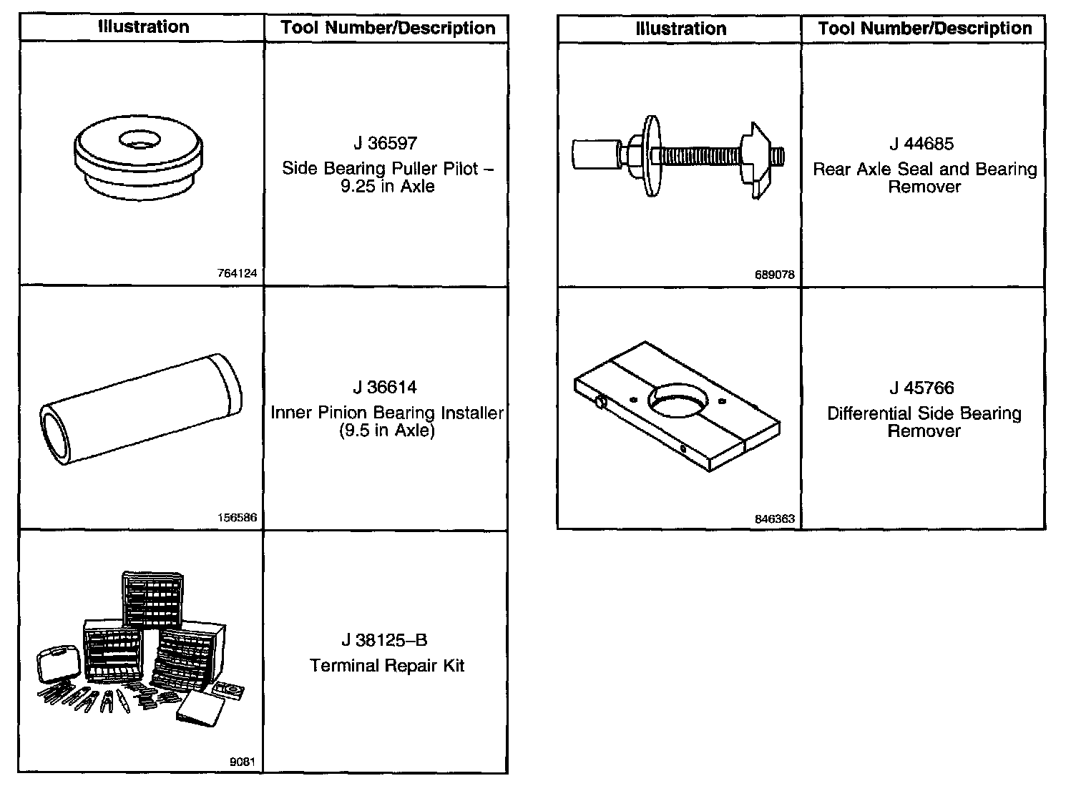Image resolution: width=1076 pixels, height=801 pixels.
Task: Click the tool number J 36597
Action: click(384, 143)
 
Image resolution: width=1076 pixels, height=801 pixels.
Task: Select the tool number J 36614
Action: click(384, 388)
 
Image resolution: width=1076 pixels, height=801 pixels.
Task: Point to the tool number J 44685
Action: click(921, 144)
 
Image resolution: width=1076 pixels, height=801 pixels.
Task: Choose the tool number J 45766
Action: click(921, 388)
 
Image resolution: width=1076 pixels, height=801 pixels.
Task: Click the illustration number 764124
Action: click(238, 273)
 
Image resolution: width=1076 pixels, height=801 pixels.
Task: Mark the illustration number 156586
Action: click(238, 518)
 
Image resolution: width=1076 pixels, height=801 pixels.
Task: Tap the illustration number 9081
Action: click(242, 762)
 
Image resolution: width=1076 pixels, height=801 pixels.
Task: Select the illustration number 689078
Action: click(774, 275)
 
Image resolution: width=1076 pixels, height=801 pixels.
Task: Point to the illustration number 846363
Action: click(774, 519)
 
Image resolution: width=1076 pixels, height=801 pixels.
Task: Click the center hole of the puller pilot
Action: click(140, 139)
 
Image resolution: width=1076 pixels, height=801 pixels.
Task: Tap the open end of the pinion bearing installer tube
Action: click(57, 435)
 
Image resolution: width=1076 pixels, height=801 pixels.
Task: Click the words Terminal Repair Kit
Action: click(387, 666)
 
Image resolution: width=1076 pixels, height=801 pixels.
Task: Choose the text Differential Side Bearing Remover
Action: click(924, 422)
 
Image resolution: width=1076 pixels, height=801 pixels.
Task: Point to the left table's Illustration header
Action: click(143, 27)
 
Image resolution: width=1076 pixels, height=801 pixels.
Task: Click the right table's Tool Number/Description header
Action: click(924, 29)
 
